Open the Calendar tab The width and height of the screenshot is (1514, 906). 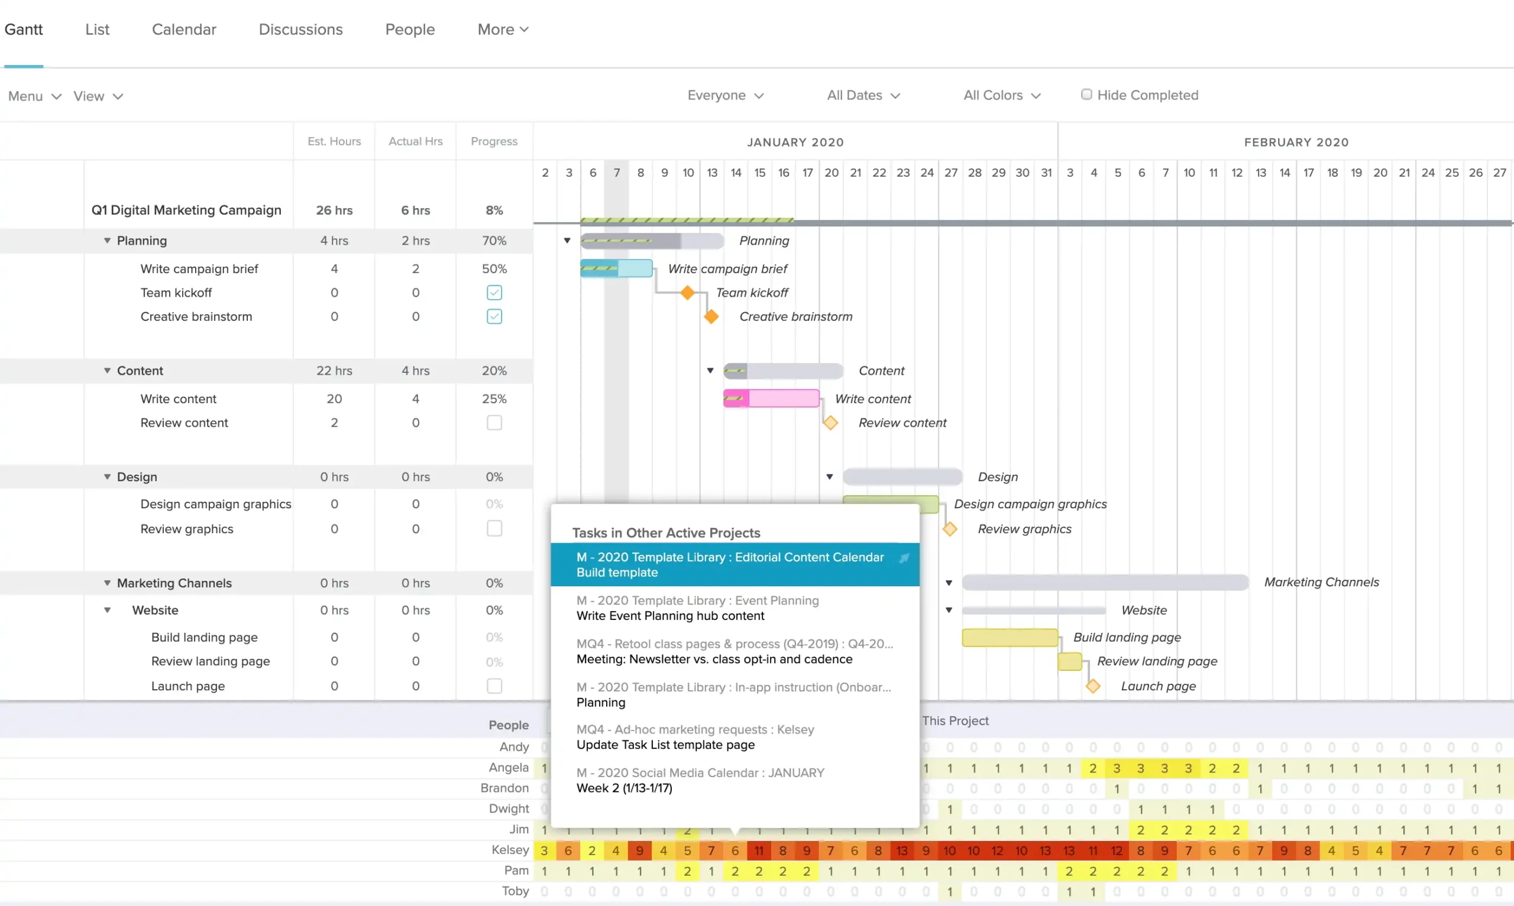184,30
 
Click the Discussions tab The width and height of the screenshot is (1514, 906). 300,30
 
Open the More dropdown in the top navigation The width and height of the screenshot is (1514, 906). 503,30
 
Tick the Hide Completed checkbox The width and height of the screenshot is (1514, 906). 1086,95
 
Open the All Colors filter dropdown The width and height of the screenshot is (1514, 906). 1002,95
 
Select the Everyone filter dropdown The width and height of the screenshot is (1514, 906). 725,95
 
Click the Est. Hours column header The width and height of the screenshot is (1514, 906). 334,141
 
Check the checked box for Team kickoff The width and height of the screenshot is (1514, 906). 494,293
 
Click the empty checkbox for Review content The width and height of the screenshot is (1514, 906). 494,423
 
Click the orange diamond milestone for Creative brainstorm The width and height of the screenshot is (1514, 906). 711,316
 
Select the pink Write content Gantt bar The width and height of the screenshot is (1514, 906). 771,399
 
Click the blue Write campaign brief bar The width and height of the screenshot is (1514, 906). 616,269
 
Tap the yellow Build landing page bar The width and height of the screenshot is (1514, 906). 1010,637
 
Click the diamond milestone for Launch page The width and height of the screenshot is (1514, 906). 1092,686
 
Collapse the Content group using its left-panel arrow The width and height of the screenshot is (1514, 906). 108,371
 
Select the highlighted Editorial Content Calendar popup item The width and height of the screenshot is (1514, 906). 730,565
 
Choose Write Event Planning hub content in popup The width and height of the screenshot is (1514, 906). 670,615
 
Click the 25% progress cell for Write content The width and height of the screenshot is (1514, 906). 494,399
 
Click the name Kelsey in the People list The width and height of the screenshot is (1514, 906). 510,850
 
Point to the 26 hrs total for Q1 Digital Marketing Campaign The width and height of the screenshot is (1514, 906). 334,210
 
